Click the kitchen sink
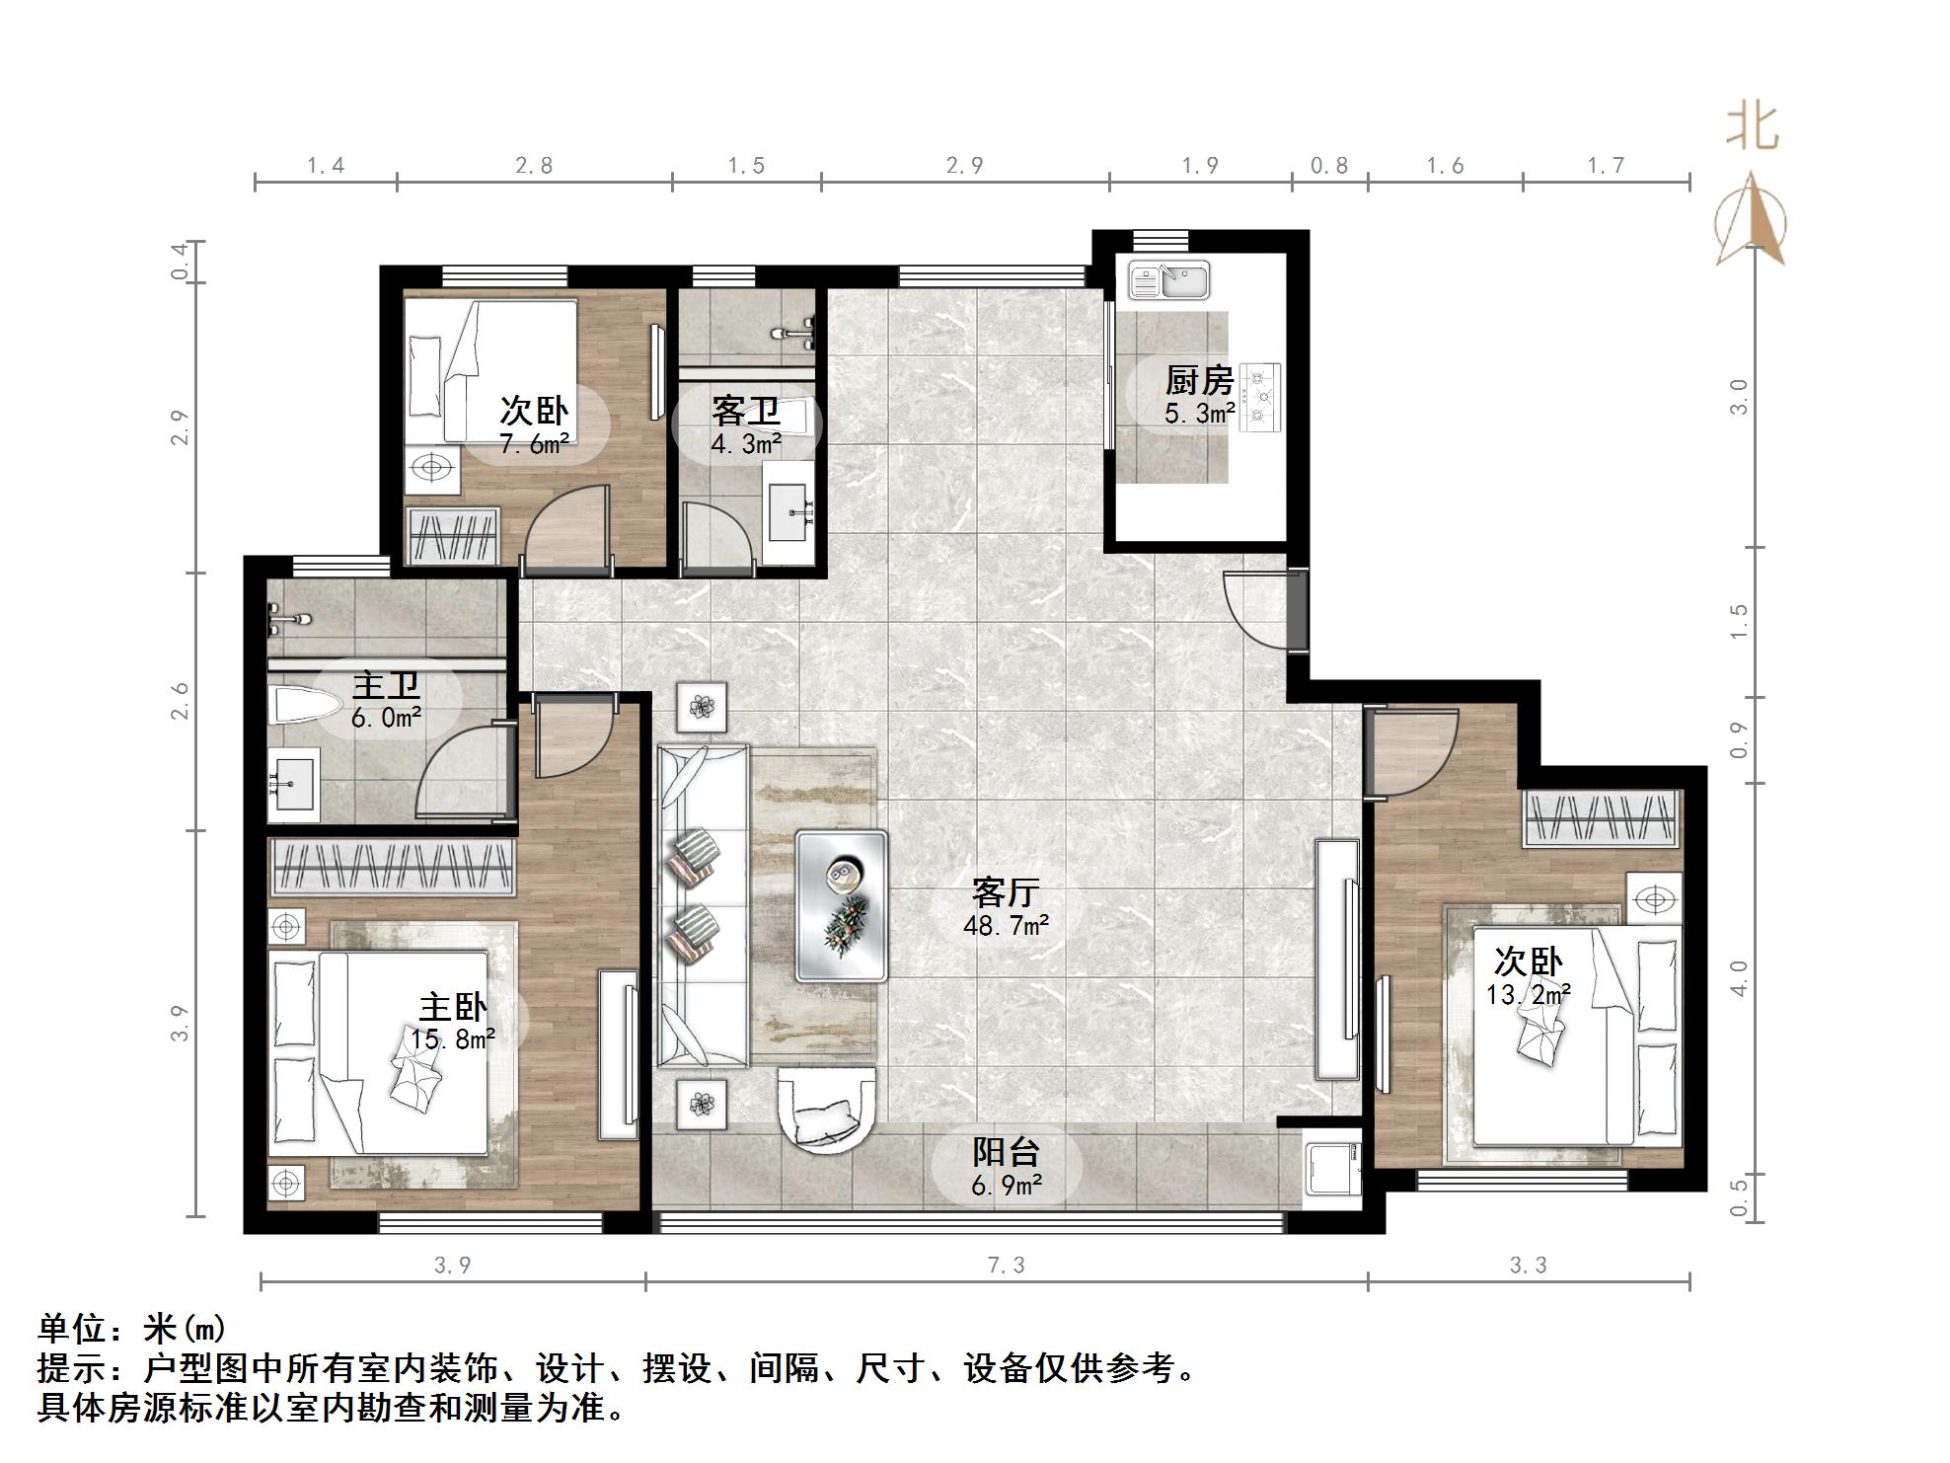(x=1169, y=280)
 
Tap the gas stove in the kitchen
(x=1260, y=396)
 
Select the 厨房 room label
(x=1199, y=380)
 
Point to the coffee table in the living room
(x=841, y=905)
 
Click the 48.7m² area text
(x=1006, y=926)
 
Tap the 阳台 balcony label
(x=1006, y=1151)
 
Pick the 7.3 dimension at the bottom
(x=1006, y=1266)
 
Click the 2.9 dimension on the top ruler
(x=964, y=166)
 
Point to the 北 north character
(x=1752, y=128)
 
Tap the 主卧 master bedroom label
(x=452, y=1008)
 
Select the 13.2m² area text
(x=1528, y=995)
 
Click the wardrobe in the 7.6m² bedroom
(x=453, y=538)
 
